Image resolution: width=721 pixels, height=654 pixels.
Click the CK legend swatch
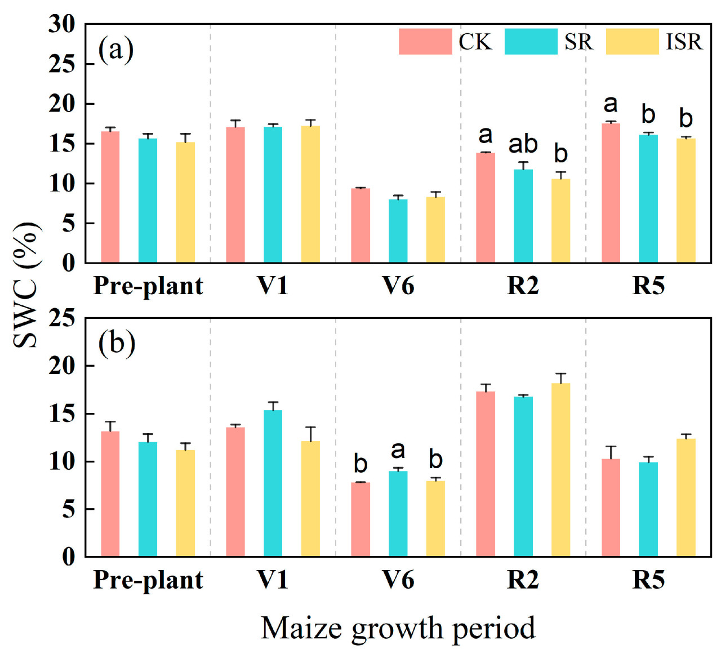point(425,42)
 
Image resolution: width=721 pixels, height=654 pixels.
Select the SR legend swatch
point(531,42)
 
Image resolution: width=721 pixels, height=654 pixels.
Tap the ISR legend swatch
point(632,42)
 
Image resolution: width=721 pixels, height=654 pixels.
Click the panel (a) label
point(116,50)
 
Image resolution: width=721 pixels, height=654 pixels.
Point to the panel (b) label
point(117,343)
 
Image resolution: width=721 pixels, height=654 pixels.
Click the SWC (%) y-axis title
point(26,284)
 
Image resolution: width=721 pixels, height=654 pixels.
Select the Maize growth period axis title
point(398,628)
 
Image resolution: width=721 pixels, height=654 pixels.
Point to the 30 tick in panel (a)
point(62,24)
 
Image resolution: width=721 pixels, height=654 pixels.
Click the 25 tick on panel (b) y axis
point(62,318)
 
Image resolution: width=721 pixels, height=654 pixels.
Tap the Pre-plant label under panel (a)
point(148,286)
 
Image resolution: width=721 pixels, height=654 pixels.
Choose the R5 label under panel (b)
point(648,580)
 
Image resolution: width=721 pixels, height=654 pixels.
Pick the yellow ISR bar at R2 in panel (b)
point(560,470)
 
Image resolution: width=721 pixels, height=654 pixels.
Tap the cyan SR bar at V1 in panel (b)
point(273,483)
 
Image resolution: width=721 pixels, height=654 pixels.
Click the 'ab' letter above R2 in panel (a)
point(523,144)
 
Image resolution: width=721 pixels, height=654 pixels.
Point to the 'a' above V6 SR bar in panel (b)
point(398,450)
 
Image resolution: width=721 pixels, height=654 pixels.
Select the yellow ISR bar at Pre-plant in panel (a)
point(185,202)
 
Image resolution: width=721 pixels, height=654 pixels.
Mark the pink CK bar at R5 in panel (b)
point(611,508)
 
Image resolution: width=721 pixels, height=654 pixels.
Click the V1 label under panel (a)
point(273,286)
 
